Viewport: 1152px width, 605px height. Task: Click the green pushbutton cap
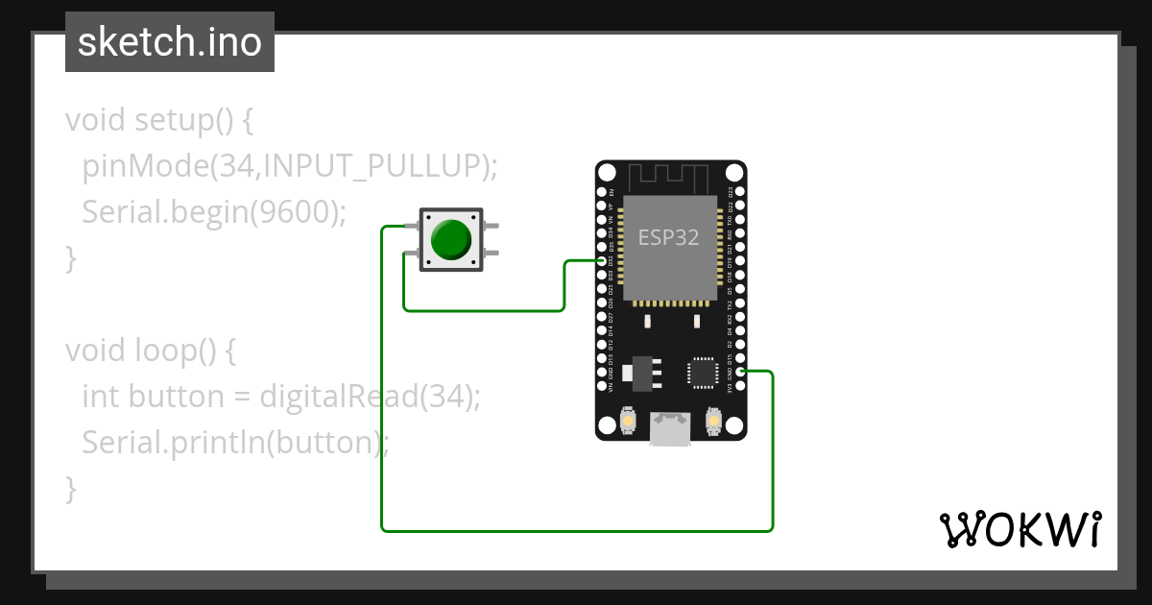point(450,239)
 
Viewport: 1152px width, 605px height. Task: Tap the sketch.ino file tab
point(170,42)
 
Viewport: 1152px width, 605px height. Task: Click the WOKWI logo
point(1020,529)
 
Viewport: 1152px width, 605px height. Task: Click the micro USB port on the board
point(669,428)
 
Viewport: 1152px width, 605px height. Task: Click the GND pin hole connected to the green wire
point(739,371)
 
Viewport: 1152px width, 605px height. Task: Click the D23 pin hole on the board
point(739,191)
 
